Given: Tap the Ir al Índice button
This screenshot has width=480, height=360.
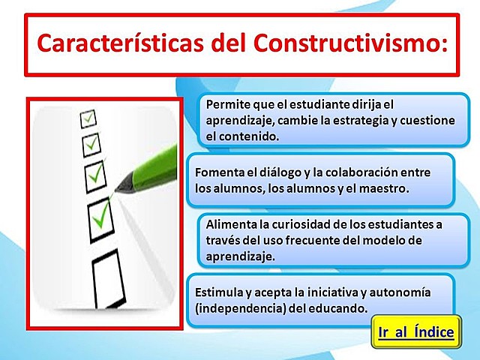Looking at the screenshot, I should pos(413,331).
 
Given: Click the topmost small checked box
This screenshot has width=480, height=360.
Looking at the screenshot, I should pos(89,118).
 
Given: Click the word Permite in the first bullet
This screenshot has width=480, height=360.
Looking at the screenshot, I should pos(228,104).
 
